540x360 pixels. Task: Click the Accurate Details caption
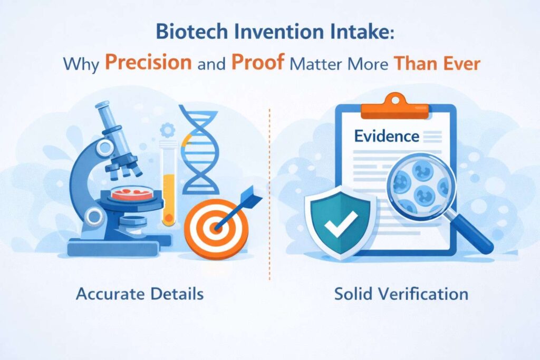point(140,294)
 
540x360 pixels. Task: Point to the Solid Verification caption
point(401,294)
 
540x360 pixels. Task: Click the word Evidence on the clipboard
point(387,137)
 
